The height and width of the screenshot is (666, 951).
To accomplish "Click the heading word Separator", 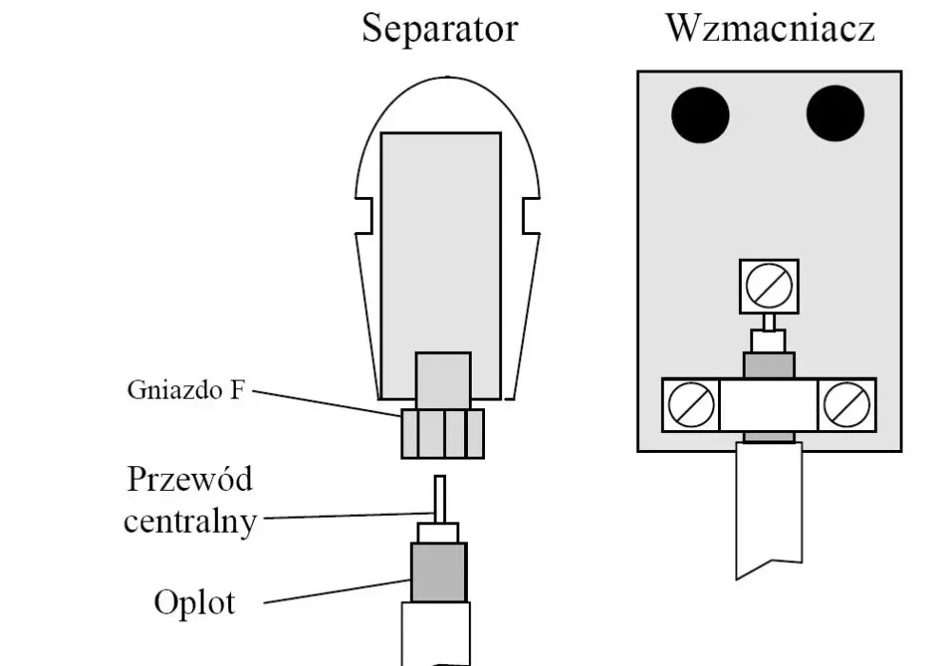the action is pyautogui.click(x=439, y=29).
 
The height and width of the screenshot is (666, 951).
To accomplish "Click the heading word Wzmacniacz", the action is pyautogui.click(x=770, y=28).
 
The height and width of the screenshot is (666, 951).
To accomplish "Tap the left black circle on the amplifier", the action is pyautogui.click(x=701, y=114).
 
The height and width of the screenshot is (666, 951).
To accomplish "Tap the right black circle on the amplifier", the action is pyautogui.click(x=835, y=113).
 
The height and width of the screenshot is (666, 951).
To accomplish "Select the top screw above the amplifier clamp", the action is pyautogui.click(x=769, y=286).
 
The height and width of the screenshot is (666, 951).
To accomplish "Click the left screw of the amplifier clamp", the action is pyautogui.click(x=690, y=404).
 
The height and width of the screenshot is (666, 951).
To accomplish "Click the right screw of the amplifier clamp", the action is pyautogui.click(x=846, y=404).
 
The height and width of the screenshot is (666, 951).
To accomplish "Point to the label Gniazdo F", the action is pyautogui.click(x=185, y=389).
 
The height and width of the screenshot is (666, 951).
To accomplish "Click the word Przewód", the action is pyautogui.click(x=190, y=480).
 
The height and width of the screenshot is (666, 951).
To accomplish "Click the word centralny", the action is pyautogui.click(x=190, y=521).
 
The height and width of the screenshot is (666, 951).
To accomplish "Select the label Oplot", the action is pyautogui.click(x=194, y=602).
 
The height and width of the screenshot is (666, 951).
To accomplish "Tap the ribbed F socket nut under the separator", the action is pyautogui.click(x=443, y=433).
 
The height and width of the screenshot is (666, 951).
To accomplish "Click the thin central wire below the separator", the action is pyautogui.click(x=439, y=499).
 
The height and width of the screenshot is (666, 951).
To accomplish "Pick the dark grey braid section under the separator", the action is pyautogui.click(x=438, y=573).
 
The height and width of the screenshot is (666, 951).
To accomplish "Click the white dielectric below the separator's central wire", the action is pyautogui.click(x=437, y=533).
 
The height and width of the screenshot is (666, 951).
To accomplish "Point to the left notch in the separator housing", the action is pyautogui.click(x=364, y=215).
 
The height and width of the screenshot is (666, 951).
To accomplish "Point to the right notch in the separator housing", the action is pyautogui.click(x=531, y=215).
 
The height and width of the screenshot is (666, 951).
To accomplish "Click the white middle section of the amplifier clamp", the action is pyautogui.click(x=768, y=404).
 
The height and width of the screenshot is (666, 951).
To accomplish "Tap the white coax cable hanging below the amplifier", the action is pyautogui.click(x=769, y=510).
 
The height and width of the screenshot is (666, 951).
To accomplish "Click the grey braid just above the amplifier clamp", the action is pyautogui.click(x=769, y=365).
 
